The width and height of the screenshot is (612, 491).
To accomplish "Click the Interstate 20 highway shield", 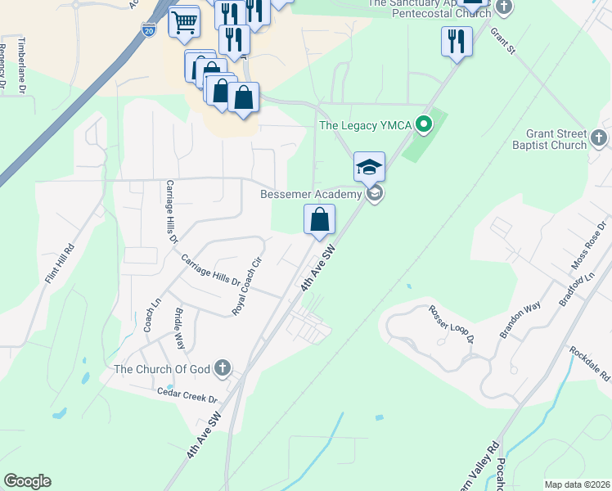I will (x=148, y=29).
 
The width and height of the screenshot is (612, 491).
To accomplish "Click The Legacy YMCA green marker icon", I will (x=424, y=125).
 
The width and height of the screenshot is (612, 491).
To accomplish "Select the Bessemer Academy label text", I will (x=310, y=195).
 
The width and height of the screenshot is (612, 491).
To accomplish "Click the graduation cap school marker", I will (x=369, y=167).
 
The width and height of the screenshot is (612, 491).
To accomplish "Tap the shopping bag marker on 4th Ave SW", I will (x=320, y=220).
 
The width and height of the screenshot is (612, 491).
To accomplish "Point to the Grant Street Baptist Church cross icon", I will (x=600, y=138).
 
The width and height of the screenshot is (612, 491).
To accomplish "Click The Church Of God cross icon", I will (x=222, y=369).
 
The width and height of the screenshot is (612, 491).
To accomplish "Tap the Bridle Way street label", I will (x=180, y=327).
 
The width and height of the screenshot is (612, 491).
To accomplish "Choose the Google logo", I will (x=27, y=481).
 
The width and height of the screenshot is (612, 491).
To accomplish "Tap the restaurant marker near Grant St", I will (x=456, y=41).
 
